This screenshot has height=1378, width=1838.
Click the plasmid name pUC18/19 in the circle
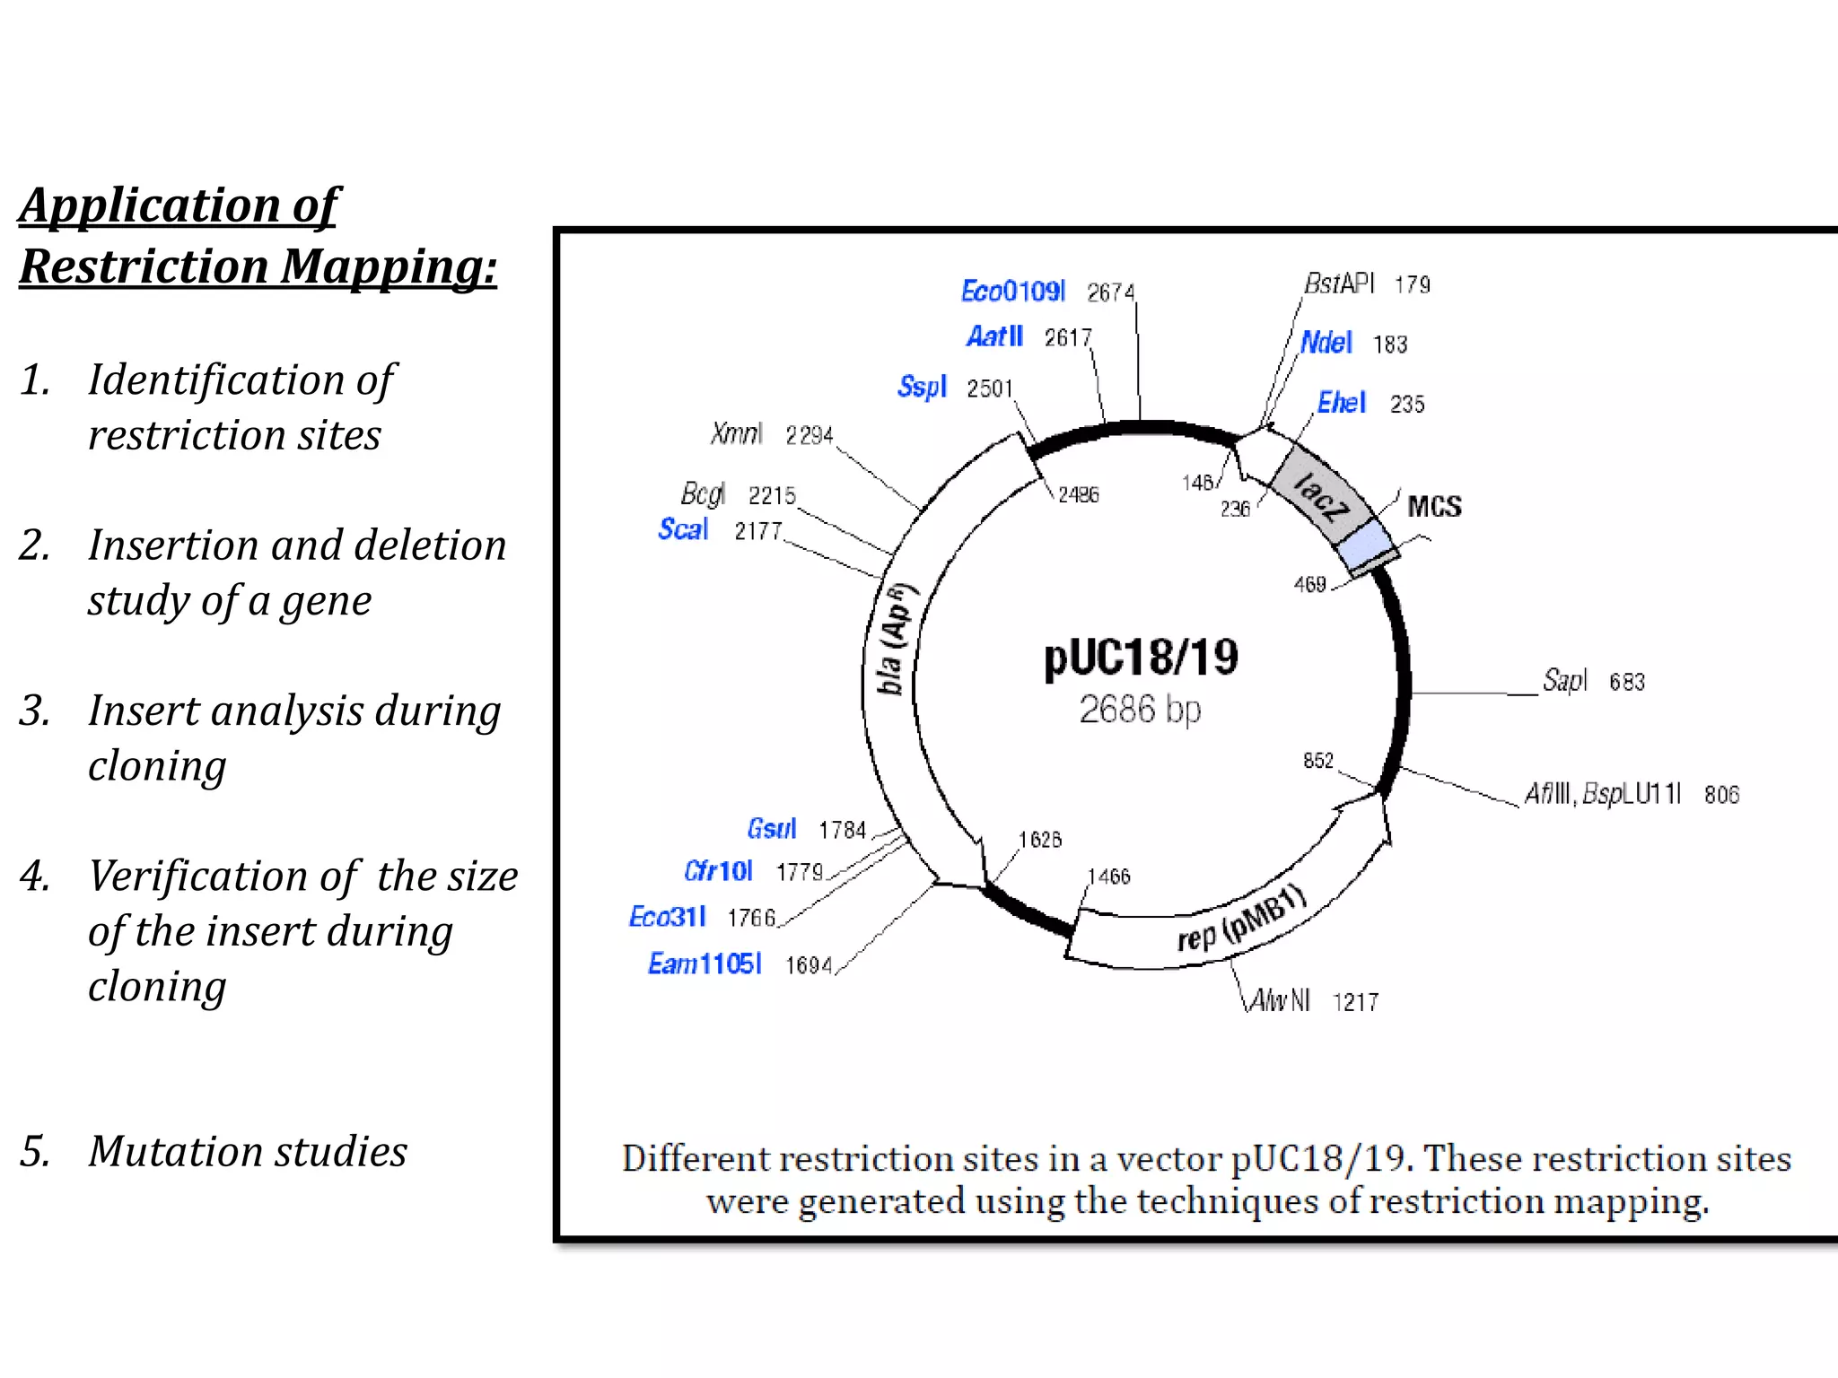point(1141,658)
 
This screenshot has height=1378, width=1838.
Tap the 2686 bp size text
point(1140,710)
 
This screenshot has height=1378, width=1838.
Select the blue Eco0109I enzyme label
point(1013,292)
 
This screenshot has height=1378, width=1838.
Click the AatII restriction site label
point(994,336)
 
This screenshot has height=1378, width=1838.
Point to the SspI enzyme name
point(922,387)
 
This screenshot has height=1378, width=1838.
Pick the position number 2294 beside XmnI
point(810,436)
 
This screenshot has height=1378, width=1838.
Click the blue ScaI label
point(683,529)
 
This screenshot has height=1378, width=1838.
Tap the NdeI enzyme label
point(1326,343)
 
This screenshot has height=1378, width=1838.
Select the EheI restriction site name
point(1342,403)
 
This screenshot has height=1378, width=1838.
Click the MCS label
point(1434,507)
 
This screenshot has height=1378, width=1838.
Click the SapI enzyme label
point(1565,681)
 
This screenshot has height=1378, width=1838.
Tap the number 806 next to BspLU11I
point(1721,795)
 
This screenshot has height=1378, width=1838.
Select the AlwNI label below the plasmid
point(1281,1000)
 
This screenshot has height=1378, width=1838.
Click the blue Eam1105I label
point(705,964)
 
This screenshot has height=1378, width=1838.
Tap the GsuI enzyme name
point(772,829)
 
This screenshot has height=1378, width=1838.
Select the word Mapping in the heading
point(389,266)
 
